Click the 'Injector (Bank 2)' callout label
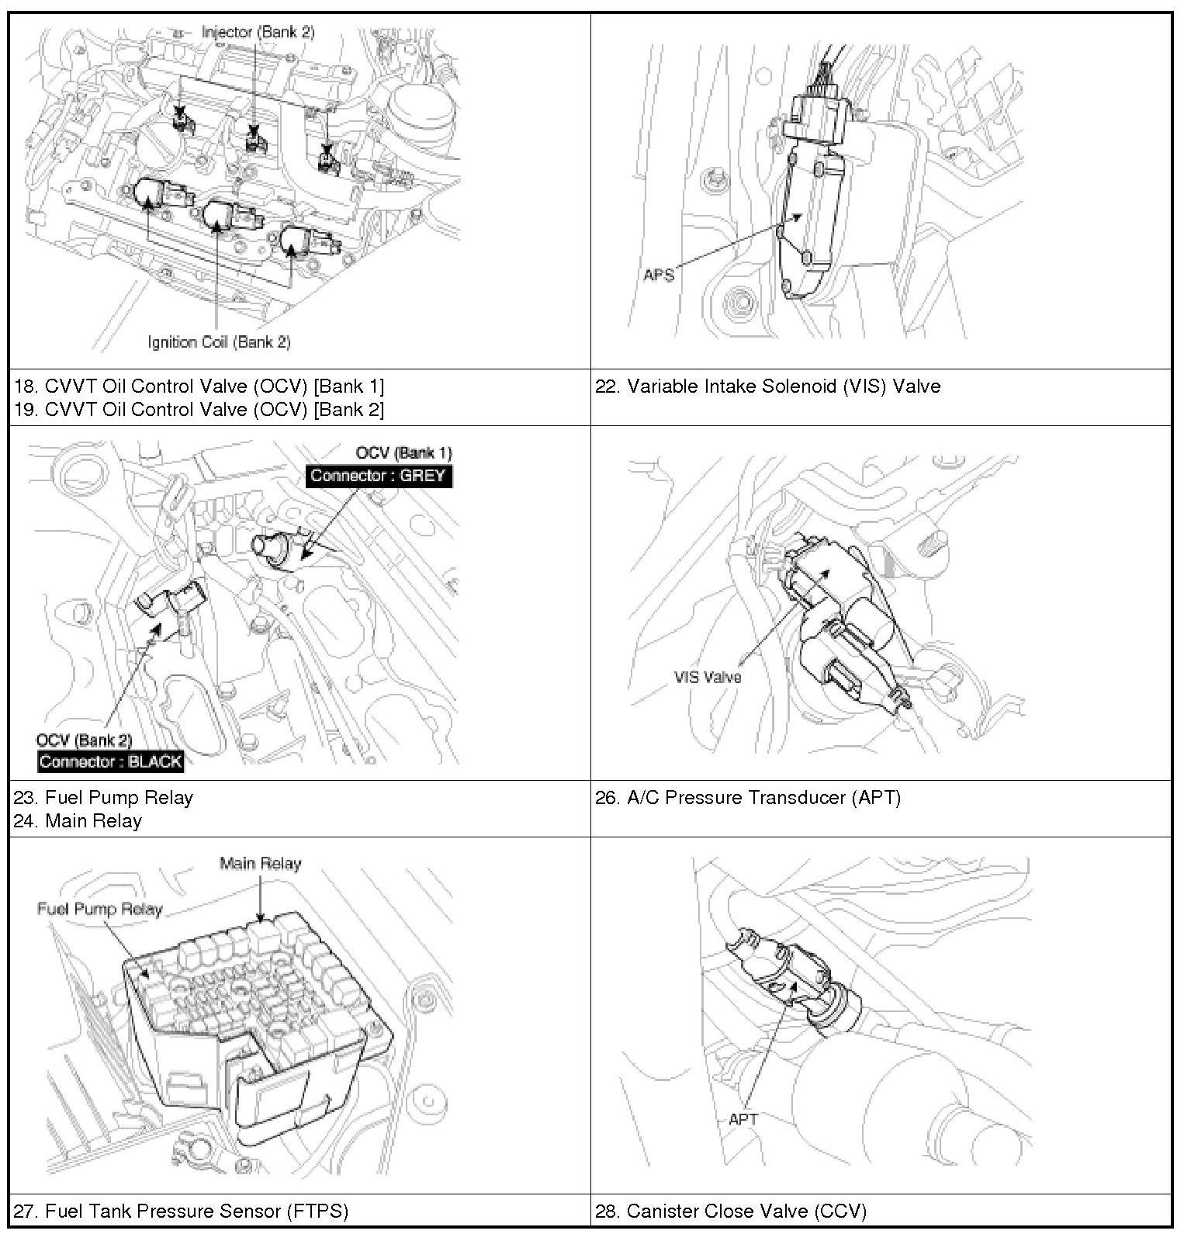[258, 32]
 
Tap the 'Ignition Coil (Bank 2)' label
[220, 341]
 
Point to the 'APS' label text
[658, 275]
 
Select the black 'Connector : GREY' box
[379, 476]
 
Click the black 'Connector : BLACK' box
[111, 761]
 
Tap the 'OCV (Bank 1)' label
[403, 453]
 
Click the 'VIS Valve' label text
[708, 677]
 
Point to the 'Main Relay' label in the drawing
[260, 863]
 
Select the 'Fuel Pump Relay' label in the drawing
[100, 909]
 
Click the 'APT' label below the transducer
[743, 1118]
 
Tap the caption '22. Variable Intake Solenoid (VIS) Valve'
[768, 386]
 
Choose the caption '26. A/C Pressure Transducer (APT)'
[748, 798]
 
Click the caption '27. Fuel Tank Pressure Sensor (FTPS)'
[182, 1211]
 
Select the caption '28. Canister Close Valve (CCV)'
[731, 1211]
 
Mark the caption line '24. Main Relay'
[78, 821]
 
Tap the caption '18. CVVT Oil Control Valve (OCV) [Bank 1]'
[199, 386]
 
